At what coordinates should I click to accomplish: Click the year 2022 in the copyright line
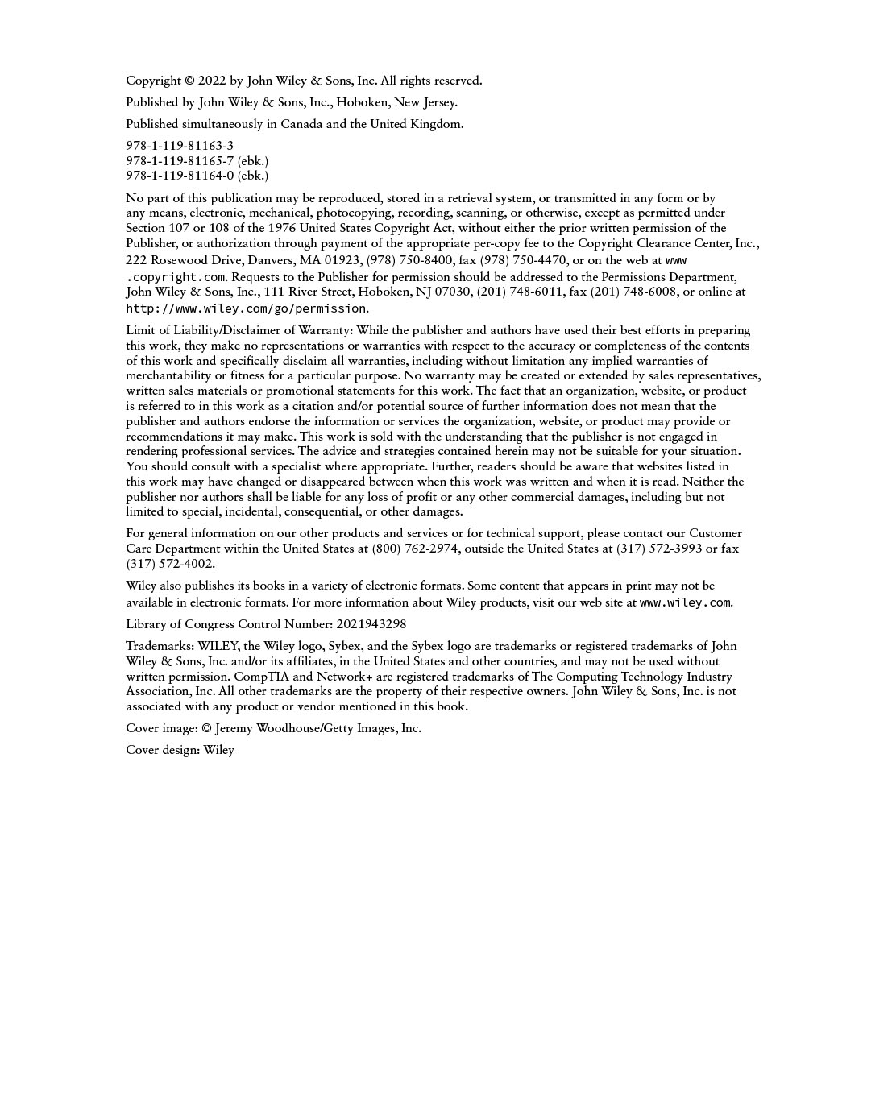(x=212, y=81)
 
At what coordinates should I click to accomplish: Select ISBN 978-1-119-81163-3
(x=180, y=146)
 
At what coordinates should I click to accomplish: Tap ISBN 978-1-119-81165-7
(x=180, y=161)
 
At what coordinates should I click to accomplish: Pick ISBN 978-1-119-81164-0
(x=180, y=176)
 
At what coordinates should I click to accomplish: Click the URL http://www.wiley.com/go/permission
(x=246, y=308)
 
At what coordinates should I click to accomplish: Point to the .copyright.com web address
(x=176, y=277)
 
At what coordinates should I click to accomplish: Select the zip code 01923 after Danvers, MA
(x=342, y=260)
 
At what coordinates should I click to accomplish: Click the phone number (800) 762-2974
(x=416, y=549)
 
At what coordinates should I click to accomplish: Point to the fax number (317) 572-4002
(x=170, y=564)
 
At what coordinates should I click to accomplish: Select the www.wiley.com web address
(x=685, y=602)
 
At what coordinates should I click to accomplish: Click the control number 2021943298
(x=371, y=624)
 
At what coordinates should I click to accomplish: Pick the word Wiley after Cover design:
(x=219, y=750)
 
